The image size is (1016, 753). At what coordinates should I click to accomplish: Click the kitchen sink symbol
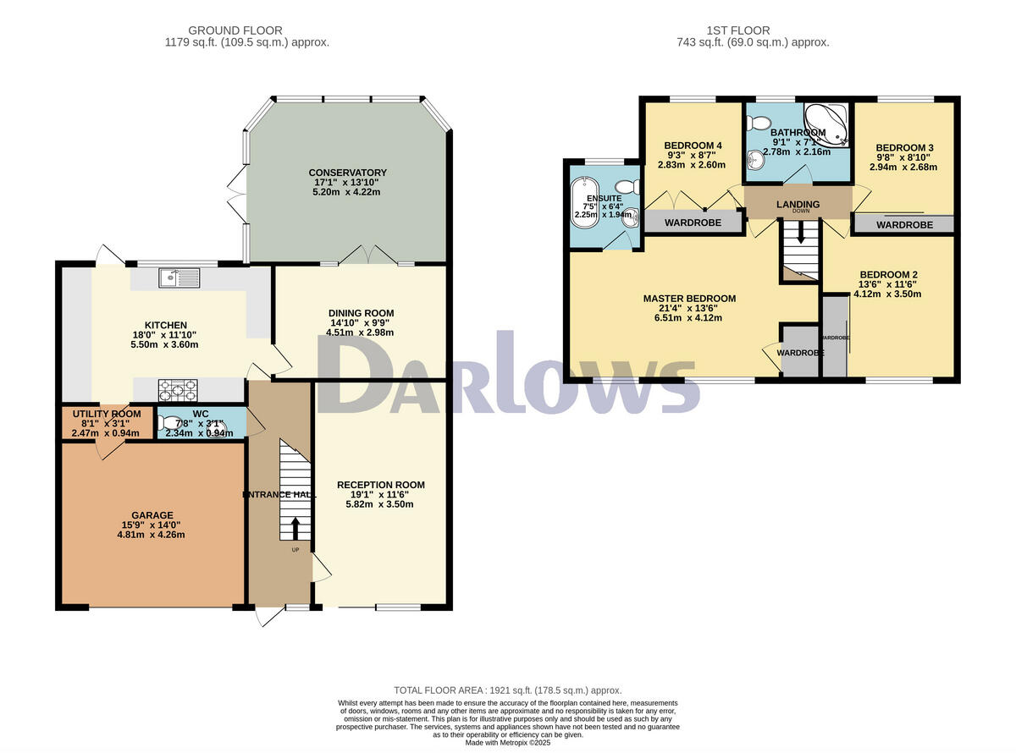(178, 276)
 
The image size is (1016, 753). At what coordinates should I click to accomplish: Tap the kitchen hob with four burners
(178, 390)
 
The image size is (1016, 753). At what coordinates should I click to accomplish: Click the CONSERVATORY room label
(347, 173)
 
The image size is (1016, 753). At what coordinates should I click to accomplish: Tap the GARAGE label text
(152, 515)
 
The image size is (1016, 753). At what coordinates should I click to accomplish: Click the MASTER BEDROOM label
(689, 299)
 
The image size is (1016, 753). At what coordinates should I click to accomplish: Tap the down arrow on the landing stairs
(799, 234)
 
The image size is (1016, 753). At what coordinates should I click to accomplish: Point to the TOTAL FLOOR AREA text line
(508, 690)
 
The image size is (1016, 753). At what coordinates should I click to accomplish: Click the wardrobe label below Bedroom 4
(692, 223)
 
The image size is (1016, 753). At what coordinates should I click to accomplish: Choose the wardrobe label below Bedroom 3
(904, 225)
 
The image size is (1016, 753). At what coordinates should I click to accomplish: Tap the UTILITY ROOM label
(106, 413)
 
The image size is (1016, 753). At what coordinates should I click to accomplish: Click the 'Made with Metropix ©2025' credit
(508, 743)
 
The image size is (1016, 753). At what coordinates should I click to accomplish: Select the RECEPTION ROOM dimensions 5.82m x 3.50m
(380, 503)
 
